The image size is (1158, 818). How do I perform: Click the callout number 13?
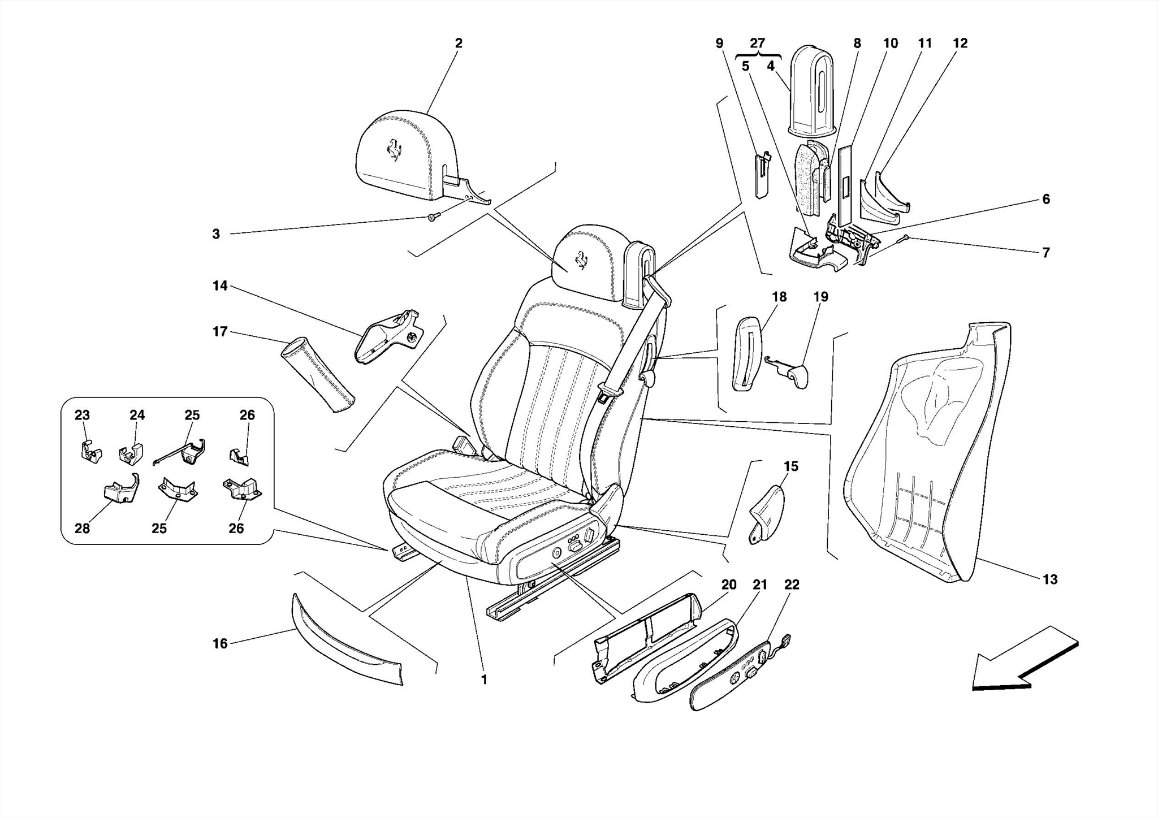pos(1049,579)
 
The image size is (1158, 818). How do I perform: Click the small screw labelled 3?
pos(432,218)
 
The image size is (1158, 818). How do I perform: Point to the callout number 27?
pos(757,44)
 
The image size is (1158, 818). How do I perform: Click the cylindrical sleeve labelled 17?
pos(318,375)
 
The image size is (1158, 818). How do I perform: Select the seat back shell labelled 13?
pos(927,452)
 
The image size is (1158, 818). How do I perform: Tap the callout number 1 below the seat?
pos(484,680)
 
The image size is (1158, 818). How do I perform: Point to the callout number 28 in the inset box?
pos(82,529)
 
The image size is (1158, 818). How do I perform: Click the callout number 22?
pos(792,585)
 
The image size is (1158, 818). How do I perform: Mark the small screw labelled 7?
pos(904,238)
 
